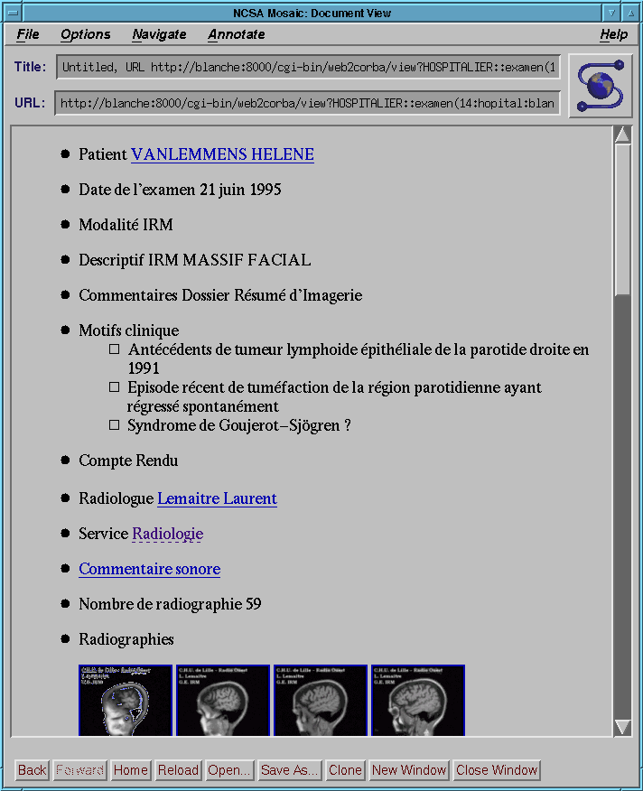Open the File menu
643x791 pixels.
[28, 34]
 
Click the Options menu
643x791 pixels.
[86, 34]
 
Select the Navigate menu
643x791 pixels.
[159, 34]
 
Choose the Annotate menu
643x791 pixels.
[237, 34]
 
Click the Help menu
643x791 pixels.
[613, 34]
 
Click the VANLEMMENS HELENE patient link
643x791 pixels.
[222, 154]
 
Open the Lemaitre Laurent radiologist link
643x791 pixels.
[217, 498]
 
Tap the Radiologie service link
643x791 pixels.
[167, 534]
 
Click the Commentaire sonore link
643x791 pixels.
[149, 569]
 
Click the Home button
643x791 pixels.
[131, 770]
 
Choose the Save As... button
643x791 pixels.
[289, 770]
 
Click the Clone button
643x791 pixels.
[345, 770]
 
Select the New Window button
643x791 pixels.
[409, 770]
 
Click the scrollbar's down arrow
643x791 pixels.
[622, 727]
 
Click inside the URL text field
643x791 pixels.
[307, 103]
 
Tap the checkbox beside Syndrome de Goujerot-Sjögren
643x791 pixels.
[114, 424]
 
